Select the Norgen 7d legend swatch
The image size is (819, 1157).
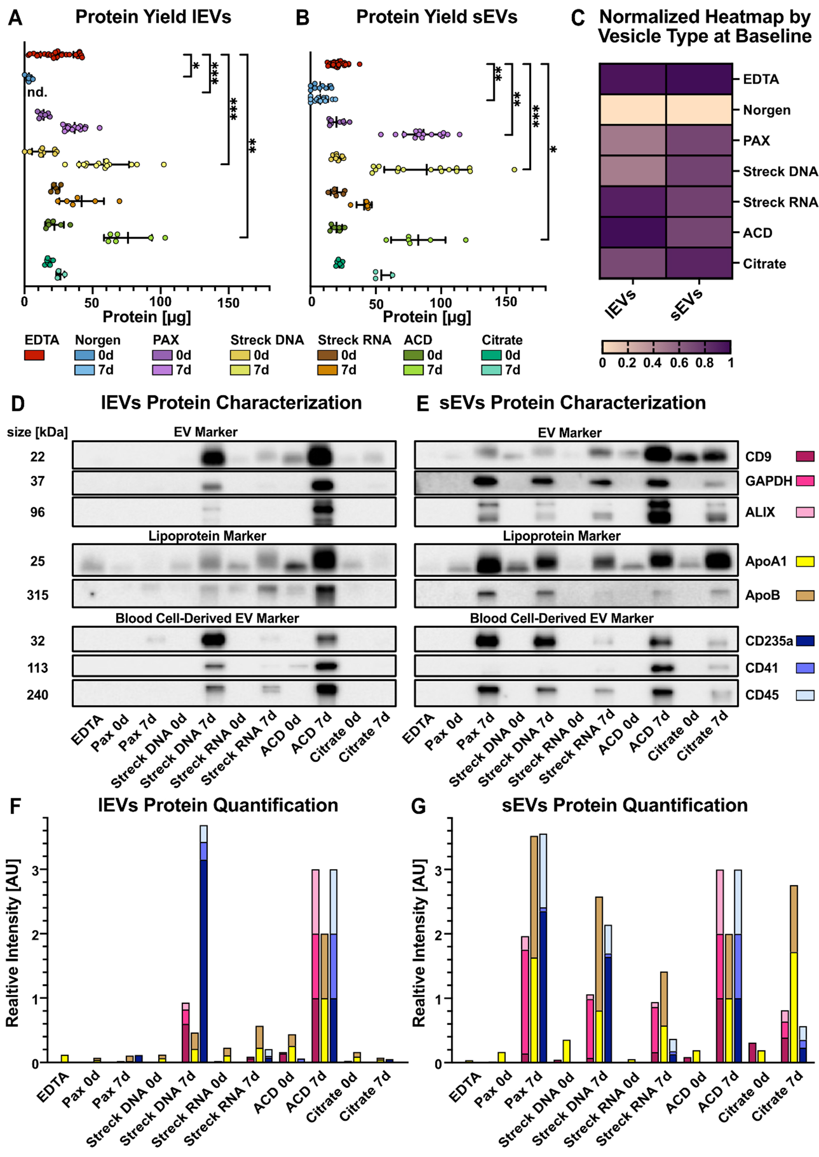click(x=84, y=370)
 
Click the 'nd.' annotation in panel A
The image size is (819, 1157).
click(x=37, y=92)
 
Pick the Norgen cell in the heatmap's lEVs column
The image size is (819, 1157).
click(x=633, y=110)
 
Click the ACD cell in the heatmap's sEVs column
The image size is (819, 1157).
click(x=699, y=233)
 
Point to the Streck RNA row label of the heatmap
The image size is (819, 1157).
click(x=780, y=202)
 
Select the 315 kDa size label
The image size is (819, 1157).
click(x=38, y=596)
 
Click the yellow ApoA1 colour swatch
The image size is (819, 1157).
click(x=805, y=561)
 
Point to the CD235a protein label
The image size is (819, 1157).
click(x=769, y=641)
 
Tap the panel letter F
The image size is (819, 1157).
click(x=15, y=806)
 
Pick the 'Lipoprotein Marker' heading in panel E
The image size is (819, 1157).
click(x=561, y=536)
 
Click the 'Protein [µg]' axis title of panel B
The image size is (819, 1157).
click(x=427, y=317)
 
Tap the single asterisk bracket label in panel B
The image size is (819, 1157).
click(x=553, y=150)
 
